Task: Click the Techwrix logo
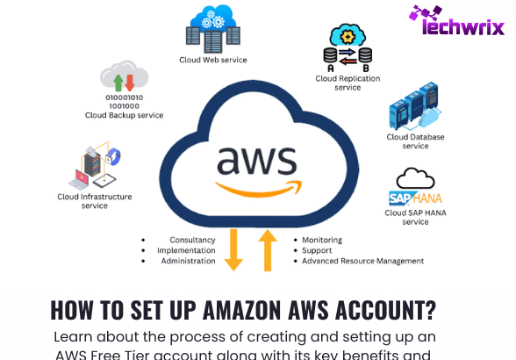point(456,20)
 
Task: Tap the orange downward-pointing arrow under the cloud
point(233,249)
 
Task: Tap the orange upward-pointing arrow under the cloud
point(268,250)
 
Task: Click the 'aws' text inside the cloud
point(257,161)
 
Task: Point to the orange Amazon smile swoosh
point(259,189)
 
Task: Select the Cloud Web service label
point(213,60)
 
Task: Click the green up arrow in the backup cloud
point(118,83)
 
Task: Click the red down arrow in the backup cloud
point(130,83)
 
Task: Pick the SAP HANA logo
point(415,198)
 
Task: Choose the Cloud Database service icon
point(415,106)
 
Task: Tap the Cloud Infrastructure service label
point(95,201)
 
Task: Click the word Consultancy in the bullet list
point(192,240)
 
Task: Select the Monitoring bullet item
point(322,240)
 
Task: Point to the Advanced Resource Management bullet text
point(363,261)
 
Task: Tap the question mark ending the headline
point(430,310)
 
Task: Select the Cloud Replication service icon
point(348,47)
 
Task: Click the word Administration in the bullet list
point(188,261)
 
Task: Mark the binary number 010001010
point(124,97)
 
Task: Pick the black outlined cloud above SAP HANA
point(415,178)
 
